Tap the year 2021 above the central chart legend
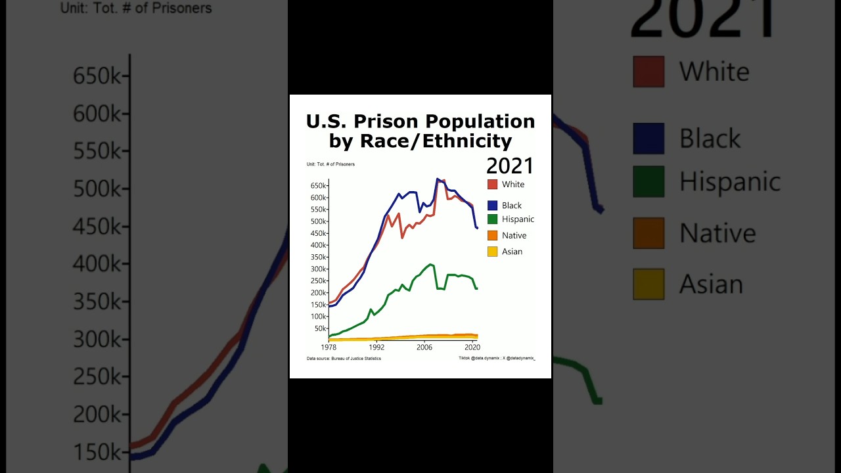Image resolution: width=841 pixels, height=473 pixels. tap(510, 166)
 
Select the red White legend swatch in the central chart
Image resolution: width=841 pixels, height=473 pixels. tap(493, 185)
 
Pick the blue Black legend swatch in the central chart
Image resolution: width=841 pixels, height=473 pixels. tap(493, 206)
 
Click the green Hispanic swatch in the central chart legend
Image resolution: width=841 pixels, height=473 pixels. tap(493, 219)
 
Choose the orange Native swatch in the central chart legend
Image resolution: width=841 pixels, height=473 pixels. tap(493, 235)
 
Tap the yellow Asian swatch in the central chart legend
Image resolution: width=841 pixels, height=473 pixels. tap(493, 252)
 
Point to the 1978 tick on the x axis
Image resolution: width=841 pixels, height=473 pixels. tap(329, 347)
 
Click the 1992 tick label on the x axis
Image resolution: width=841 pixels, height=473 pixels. tap(376, 347)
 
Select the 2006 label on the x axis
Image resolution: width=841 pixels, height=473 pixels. tap(424, 347)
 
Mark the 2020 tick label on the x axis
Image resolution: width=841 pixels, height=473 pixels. tap(472, 347)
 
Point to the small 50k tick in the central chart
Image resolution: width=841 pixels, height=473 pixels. tap(320, 328)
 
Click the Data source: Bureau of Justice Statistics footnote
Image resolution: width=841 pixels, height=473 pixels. tap(344, 359)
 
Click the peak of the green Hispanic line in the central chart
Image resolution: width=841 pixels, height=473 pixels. tap(431, 265)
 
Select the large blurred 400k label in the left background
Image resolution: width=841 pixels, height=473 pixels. tap(97, 264)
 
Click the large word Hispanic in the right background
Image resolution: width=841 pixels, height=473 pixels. tap(729, 181)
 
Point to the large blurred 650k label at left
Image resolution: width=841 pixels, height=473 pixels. tap(97, 76)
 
